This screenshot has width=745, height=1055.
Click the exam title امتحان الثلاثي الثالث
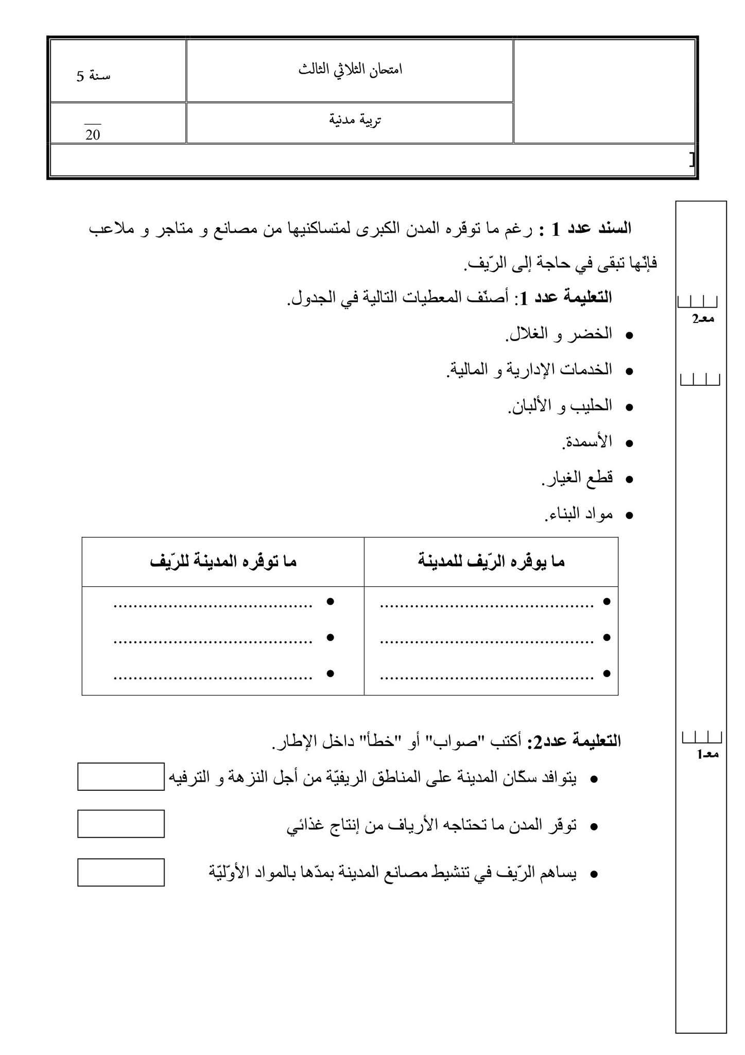pyautogui.click(x=350, y=70)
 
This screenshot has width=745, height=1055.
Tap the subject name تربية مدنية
pyautogui.click(x=355, y=120)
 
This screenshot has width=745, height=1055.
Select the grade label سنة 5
pyautogui.click(x=94, y=76)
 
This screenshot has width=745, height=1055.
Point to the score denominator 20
pyautogui.click(x=93, y=135)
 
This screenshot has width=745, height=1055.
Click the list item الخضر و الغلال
pyautogui.click(x=559, y=334)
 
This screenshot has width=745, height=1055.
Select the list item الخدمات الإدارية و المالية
pyautogui.click(x=529, y=369)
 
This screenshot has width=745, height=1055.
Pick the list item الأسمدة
pyautogui.click(x=587, y=441)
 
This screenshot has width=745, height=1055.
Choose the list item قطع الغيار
pyautogui.click(x=577, y=478)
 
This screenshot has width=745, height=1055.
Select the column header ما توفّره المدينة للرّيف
pyautogui.click(x=223, y=561)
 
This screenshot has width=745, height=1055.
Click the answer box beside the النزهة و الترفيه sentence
pyautogui.click(x=121, y=777)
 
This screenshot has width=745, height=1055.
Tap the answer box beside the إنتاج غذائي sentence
pyautogui.click(x=121, y=824)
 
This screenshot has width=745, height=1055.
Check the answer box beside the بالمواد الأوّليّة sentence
pyautogui.click(x=121, y=872)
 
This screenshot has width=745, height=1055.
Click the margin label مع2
pyautogui.click(x=702, y=319)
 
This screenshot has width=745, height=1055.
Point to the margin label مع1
pyautogui.click(x=707, y=754)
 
